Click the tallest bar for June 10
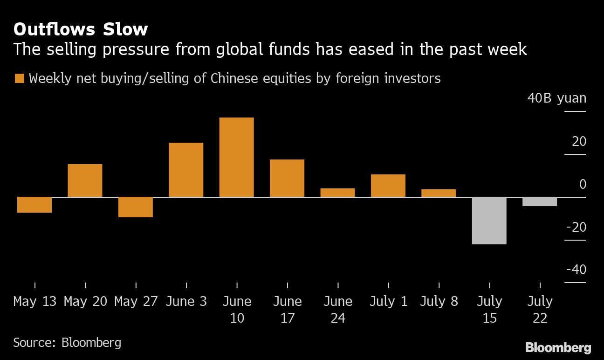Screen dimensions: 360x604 tap(237, 157)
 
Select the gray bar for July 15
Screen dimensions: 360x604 tap(489, 221)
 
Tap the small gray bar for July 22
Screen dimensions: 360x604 tap(540, 201)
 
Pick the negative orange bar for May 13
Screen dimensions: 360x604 tap(34, 205)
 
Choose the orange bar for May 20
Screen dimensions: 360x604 tap(85, 180)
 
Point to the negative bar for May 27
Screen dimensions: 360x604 tap(136, 207)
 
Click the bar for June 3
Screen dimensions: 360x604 tap(186, 170)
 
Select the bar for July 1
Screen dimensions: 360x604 tap(388, 186)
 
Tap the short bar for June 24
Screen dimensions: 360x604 tap(337, 193)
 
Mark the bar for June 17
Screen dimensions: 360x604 tap(287, 178)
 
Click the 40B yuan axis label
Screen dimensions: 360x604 tap(556, 98)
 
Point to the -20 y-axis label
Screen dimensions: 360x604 tap(576, 227)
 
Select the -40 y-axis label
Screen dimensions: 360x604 tap(576, 270)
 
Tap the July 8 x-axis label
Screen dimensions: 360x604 tap(439, 301)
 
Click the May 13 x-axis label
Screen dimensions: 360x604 tap(35, 301)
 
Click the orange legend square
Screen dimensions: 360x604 tap(19, 78)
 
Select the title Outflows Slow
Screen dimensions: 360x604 tap(81, 29)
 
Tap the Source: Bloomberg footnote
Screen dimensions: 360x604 tap(67, 343)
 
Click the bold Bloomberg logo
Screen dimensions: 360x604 tap(558, 347)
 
